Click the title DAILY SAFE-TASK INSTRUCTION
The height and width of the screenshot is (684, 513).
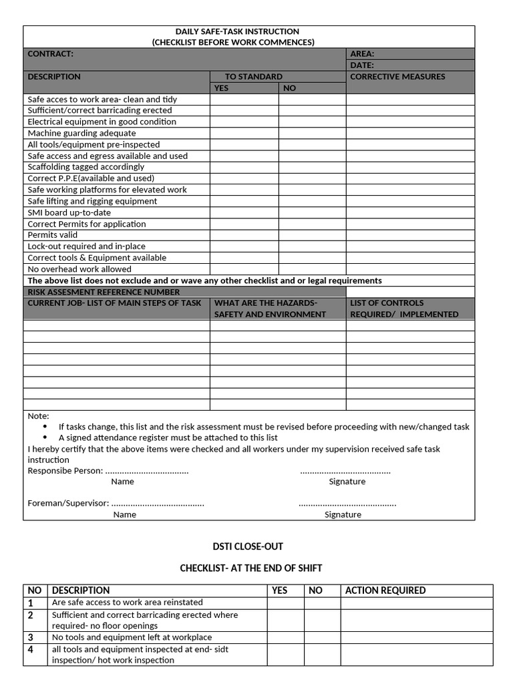tap(237, 31)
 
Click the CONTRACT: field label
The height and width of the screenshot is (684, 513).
tap(51, 53)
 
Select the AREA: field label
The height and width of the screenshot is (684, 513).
tap(362, 53)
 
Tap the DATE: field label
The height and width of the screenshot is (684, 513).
tap(362, 65)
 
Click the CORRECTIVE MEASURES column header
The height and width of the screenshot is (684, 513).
tap(397, 77)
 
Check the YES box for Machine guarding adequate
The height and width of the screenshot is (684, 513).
tap(244, 133)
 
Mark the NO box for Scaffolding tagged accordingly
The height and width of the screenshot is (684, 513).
tap(312, 167)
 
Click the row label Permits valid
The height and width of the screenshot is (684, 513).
tap(53, 235)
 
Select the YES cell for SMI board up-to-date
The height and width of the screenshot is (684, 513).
tap(244, 212)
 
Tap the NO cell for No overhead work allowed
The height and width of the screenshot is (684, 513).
tap(312, 269)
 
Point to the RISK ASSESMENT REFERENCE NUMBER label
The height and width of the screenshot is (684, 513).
tap(104, 292)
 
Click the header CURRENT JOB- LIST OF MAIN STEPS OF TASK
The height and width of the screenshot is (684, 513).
tap(114, 303)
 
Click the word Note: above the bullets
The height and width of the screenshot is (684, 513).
tap(38, 415)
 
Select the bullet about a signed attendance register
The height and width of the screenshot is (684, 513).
tap(168, 438)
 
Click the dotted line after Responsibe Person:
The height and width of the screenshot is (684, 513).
tap(147, 471)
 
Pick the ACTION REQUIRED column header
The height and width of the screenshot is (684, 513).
tap(385, 590)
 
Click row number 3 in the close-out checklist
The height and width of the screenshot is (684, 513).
tap(31, 637)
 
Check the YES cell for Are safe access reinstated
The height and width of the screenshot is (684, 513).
tap(286, 603)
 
